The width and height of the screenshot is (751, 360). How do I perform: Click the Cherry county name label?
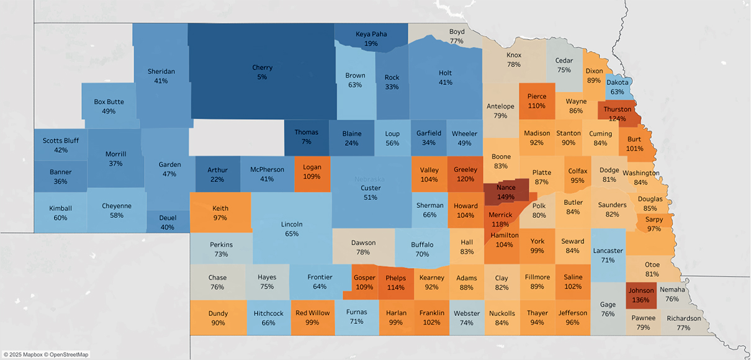262,68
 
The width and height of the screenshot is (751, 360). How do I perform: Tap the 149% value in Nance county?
506,197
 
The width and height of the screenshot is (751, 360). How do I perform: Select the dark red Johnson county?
641,295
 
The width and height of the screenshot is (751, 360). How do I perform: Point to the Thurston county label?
617,109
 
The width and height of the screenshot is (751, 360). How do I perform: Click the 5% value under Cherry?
262,77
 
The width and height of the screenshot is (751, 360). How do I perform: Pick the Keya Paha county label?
371,34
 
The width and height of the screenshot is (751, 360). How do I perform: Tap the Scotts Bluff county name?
60,141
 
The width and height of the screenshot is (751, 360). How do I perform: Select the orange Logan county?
312,172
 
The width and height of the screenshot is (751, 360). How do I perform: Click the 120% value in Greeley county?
465,179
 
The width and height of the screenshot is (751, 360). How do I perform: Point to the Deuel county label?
168,218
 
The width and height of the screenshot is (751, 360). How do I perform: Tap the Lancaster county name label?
608,251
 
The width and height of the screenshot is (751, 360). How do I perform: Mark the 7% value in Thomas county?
306,142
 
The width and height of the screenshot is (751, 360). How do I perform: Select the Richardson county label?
683,318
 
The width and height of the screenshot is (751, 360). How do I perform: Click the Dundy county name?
218,313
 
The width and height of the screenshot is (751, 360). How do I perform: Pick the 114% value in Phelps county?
395,287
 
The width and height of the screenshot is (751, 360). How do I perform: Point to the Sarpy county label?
654,219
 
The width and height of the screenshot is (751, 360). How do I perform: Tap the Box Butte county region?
109,106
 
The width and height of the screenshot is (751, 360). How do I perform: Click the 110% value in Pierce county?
537,106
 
